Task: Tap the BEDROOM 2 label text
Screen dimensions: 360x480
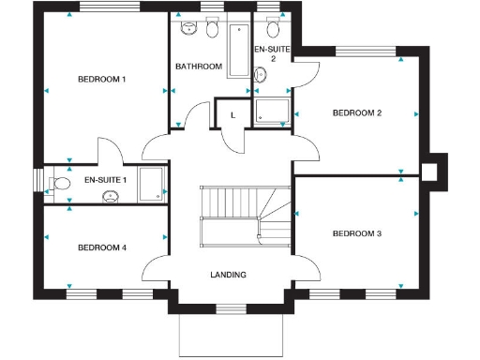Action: [x=357, y=113]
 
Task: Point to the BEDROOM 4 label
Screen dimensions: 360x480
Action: [x=101, y=247]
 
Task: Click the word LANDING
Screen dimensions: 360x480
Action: [x=229, y=275]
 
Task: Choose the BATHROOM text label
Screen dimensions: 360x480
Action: [x=199, y=67]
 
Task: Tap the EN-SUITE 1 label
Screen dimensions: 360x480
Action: [x=105, y=180]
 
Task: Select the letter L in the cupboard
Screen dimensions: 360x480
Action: [x=232, y=114]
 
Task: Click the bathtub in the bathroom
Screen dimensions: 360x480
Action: [x=237, y=52]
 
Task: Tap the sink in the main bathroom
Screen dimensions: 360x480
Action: [x=187, y=28]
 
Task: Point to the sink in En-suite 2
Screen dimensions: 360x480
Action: [x=273, y=26]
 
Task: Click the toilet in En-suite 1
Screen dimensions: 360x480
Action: [x=62, y=183]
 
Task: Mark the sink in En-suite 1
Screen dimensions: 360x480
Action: [x=111, y=196]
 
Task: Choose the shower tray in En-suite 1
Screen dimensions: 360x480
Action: [x=151, y=184]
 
